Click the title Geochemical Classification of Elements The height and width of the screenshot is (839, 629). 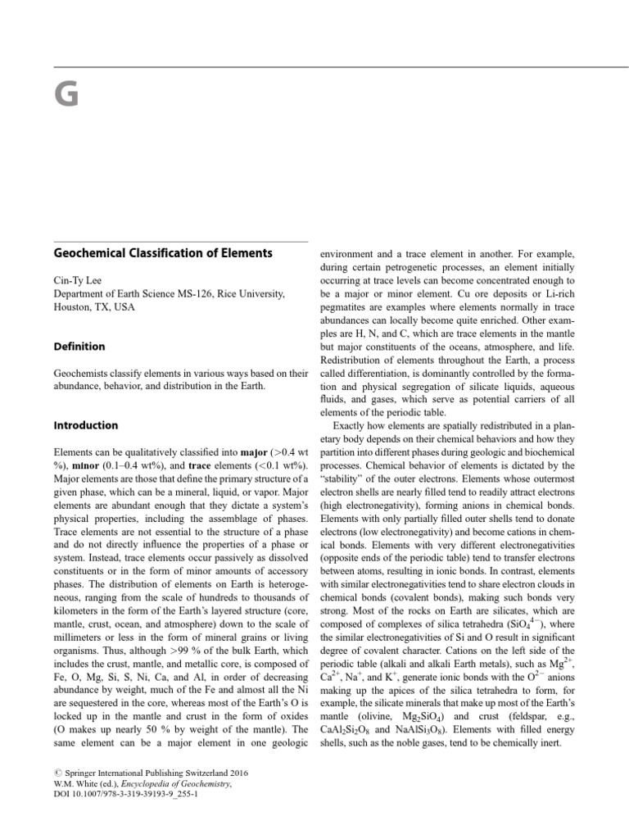click(x=162, y=253)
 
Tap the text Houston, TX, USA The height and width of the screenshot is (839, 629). click(x=97, y=307)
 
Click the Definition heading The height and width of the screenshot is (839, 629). click(x=79, y=347)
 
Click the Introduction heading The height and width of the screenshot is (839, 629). click(x=86, y=425)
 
